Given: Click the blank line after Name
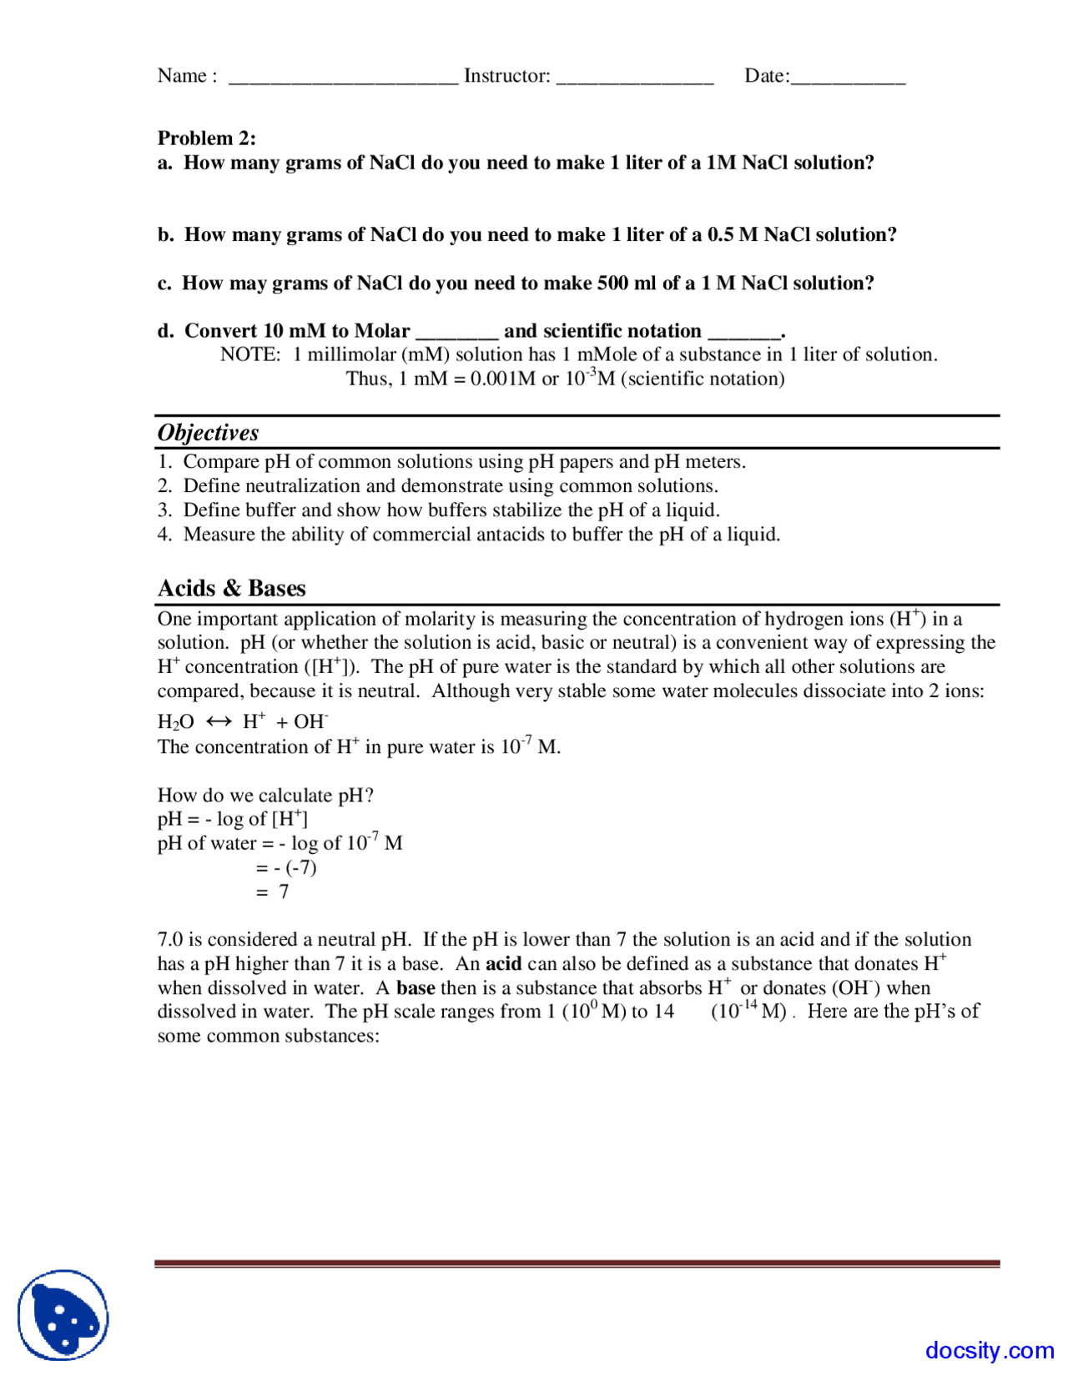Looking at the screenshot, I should [x=343, y=80].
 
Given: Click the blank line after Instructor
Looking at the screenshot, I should [x=634, y=80].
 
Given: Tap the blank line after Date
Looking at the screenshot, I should [x=847, y=80].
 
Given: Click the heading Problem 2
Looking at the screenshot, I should [x=207, y=138].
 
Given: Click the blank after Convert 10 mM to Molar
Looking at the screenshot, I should [x=456, y=334].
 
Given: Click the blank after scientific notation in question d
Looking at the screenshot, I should [x=744, y=334].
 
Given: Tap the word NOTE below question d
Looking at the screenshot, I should [x=249, y=355].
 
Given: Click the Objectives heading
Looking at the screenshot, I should [x=209, y=433].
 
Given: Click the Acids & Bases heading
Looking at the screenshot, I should [x=232, y=589].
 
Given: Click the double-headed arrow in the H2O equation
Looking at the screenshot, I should [x=219, y=721].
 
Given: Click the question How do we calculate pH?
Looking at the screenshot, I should [x=265, y=796].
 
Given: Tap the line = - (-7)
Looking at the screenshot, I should [x=286, y=868].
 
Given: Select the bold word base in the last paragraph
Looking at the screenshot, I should [x=415, y=988].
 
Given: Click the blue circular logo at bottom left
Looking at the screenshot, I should [x=63, y=1315].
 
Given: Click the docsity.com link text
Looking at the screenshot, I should [x=989, y=1350].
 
